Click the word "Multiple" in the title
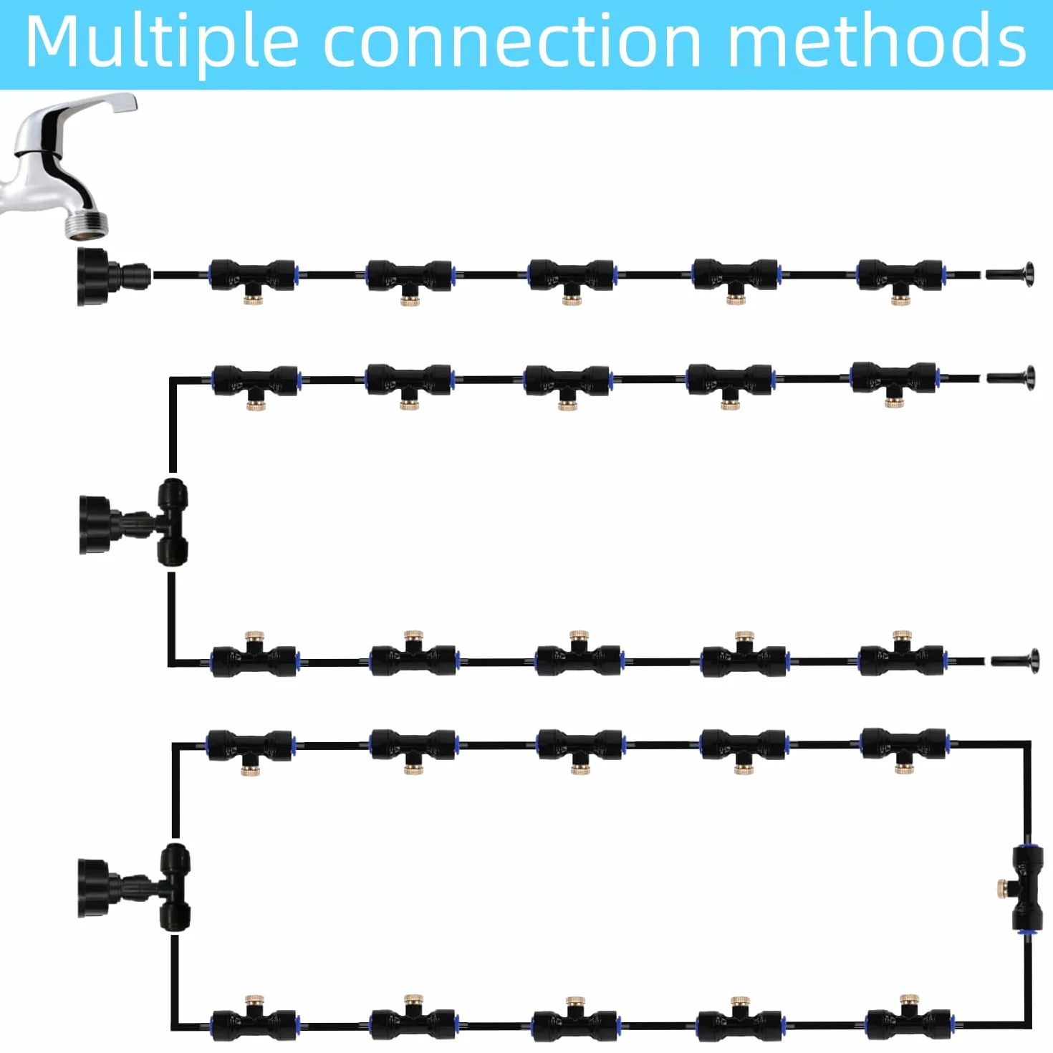coord(163,43)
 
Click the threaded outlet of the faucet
coord(87,221)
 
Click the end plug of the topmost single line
coord(1010,273)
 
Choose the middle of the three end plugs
coord(1011,378)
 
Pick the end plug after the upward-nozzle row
coord(1014,660)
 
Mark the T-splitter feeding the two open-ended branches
coord(173,522)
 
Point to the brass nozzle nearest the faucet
coord(253,299)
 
